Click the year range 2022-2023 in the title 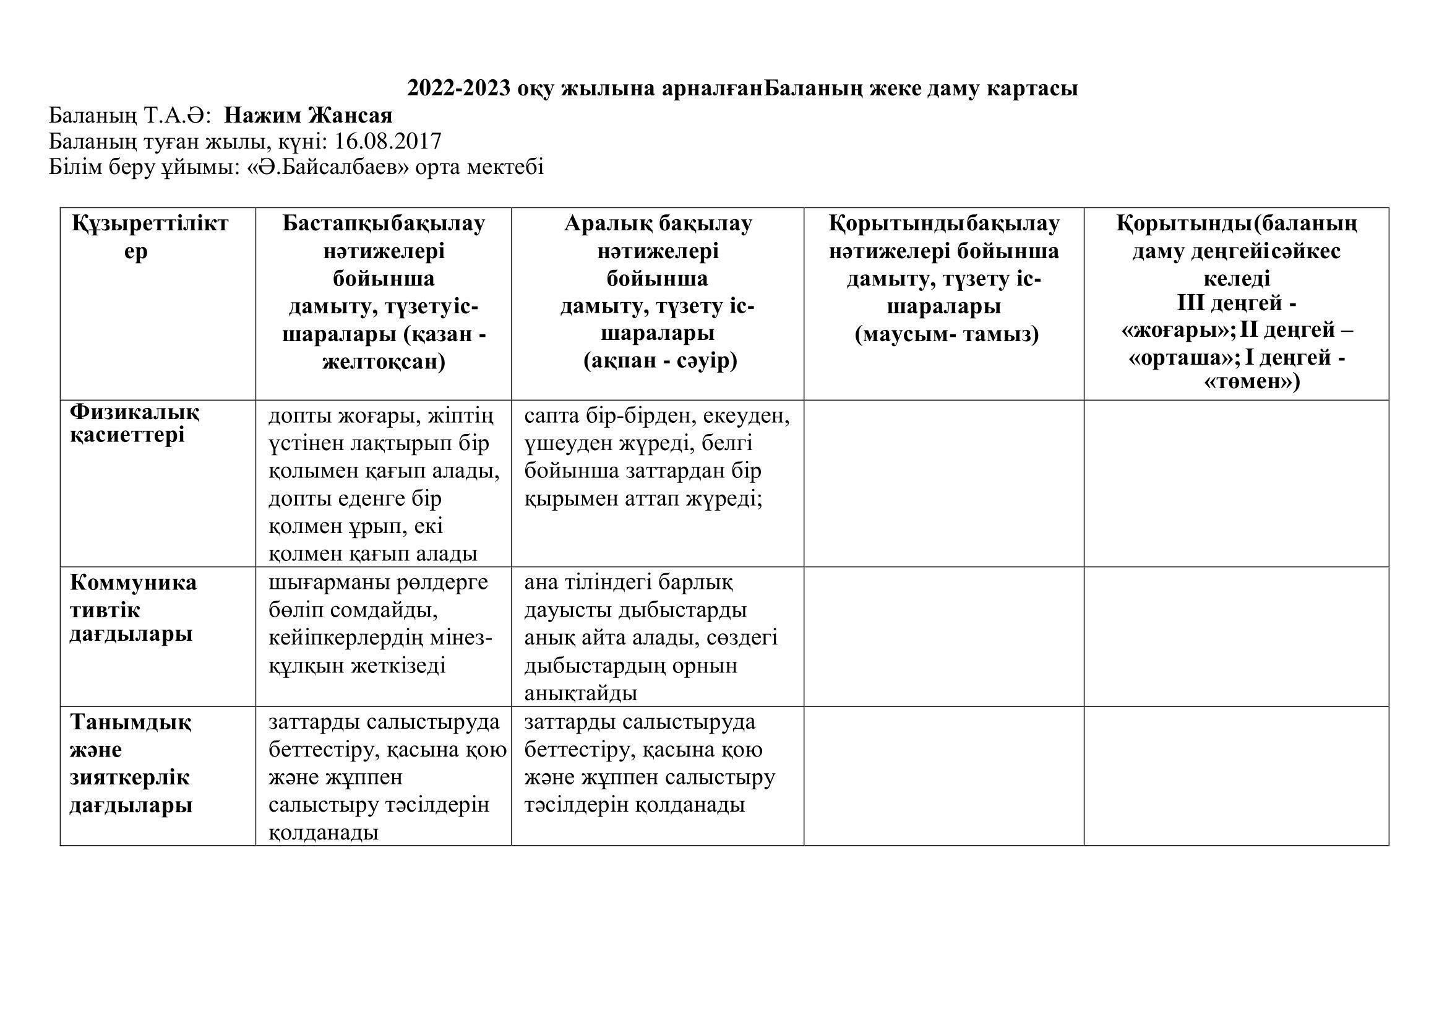tap(458, 89)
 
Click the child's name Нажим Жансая tap(308, 115)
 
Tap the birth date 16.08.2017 tap(388, 141)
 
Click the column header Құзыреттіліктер tap(150, 237)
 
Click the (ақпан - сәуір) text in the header tap(659, 362)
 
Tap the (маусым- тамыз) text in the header tap(946, 334)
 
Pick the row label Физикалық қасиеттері tap(134, 423)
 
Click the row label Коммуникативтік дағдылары tap(133, 609)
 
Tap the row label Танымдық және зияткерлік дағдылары tap(131, 763)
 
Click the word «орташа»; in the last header tap(1178, 357)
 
